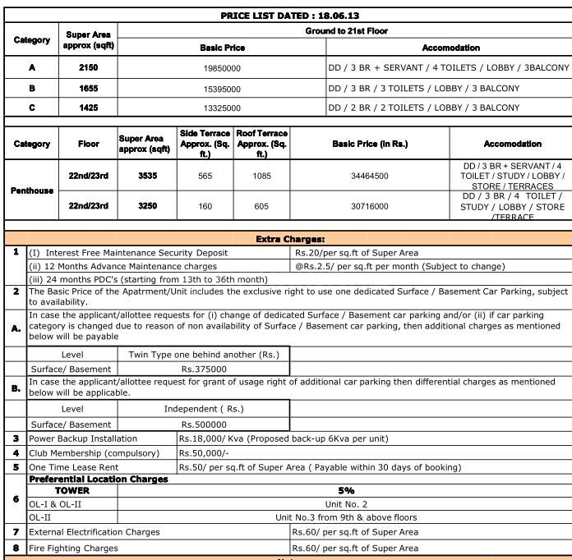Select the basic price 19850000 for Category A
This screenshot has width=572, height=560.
(x=222, y=69)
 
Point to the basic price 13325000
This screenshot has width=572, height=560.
(x=222, y=108)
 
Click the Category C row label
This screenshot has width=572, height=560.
(x=31, y=108)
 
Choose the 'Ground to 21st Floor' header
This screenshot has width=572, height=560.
(x=345, y=31)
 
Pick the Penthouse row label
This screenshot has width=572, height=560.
(x=31, y=190)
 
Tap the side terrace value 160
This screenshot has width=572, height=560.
(x=205, y=206)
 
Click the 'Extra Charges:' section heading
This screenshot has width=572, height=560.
(x=290, y=239)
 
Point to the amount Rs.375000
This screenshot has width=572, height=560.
(x=204, y=370)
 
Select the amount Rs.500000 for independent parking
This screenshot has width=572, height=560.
(x=204, y=425)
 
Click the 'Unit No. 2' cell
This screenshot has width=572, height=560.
(x=346, y=503)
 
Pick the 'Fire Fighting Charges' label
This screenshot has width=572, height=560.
(x=74, y=548)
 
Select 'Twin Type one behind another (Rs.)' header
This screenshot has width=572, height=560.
(x=204, y=355)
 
